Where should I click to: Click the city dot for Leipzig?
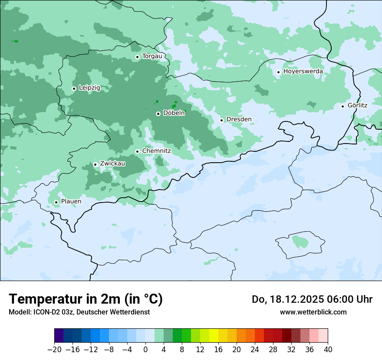pos(74,88)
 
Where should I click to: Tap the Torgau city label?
pos(152,56)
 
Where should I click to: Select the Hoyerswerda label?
pos(303,71)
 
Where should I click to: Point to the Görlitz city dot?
pos(342,106)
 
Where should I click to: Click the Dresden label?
pos(239,119)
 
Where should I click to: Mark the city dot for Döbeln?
pos(158,114)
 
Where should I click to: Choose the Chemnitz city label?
pos(156,151)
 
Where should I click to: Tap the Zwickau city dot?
pos(95,164)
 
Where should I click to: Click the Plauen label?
pos(71,201)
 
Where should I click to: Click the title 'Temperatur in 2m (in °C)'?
pos(86,299)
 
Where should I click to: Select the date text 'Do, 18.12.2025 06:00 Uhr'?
pos(312,299)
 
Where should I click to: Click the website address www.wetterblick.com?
pos(313,312)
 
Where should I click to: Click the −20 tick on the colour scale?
pos(55,349)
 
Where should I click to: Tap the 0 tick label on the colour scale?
pos(145,349)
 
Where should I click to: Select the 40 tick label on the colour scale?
pos(328,349)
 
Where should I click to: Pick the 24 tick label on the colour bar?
pos(255,349)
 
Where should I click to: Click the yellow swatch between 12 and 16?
pos(214,336)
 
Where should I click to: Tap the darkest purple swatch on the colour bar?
pos(59,336)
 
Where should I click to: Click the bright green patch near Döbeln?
pos(174,106)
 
